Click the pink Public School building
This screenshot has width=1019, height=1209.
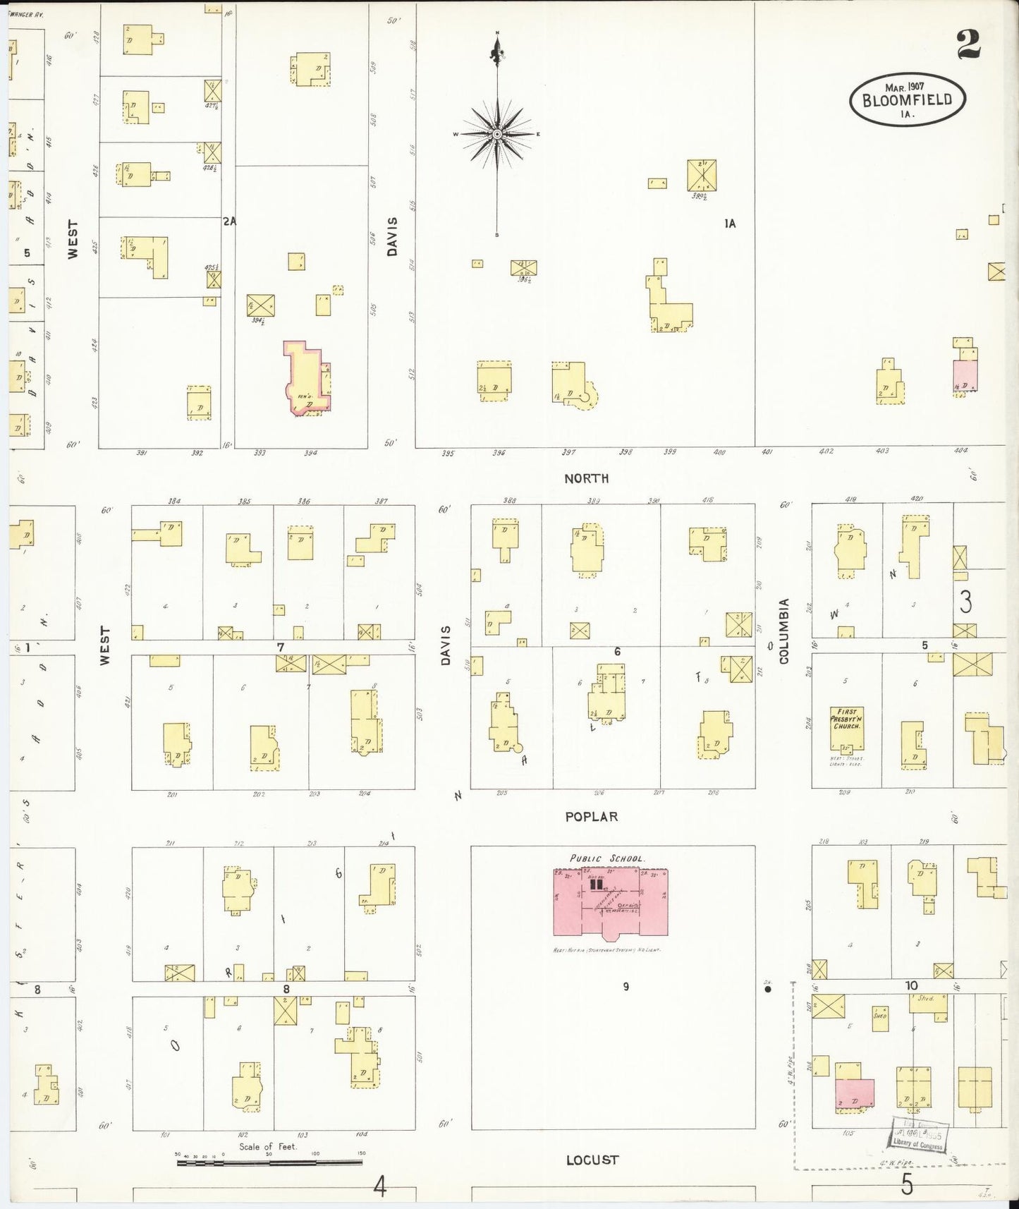click(x=610, y=902)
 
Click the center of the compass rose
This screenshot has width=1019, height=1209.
click(x=497, y=133)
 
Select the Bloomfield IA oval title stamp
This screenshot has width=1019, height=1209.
click(x=907, y=100)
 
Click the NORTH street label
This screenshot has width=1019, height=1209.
click(x=586, y=478)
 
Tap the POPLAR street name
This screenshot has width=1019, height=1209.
click(x=591, y=817)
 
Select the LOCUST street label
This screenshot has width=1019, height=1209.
click(x=592, y=1160)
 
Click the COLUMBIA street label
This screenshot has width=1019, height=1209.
click(x=783, y=632)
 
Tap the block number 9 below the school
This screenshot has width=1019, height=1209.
click(x=626, y=987)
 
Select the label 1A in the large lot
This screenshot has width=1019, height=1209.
click(x=730, y=224)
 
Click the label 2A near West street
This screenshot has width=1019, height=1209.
click(x=229, y=221)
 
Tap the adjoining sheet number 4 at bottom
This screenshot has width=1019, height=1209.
click(x=380, y=1188)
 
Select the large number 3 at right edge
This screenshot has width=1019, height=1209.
click(x=965, y=602)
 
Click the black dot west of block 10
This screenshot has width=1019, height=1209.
click(x=768, y=990)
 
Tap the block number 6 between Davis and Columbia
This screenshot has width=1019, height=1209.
click(x=617, y=651)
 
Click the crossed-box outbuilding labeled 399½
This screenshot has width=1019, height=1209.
click(x=702, y=175)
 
